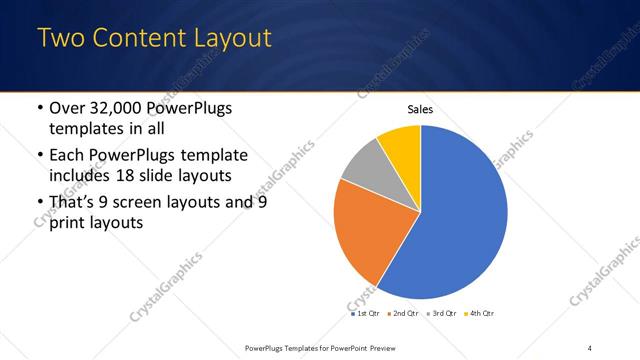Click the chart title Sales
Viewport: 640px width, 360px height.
[420, 110]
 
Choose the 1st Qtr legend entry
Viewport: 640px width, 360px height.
[365, 313]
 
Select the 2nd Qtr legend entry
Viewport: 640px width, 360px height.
[403, 313]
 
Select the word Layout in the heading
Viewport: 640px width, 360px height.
[229, 39]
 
